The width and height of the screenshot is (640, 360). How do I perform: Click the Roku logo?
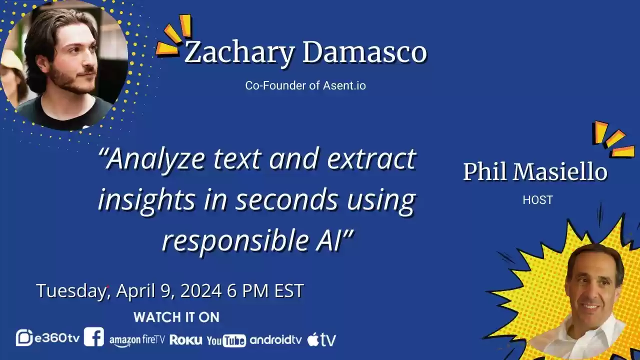tap(186, 340)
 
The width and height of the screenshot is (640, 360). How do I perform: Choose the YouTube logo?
tap(226, 340)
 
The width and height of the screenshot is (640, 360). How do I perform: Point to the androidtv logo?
tap(275, 340)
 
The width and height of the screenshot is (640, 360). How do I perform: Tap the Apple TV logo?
tap(321, 339)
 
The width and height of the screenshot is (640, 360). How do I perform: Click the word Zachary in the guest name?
tap(239, 53)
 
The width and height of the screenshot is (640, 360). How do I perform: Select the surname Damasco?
tap(364, 53)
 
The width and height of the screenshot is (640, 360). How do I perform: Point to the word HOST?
tap(537, 200)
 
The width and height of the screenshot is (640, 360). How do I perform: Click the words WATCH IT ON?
tap(176, 317)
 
